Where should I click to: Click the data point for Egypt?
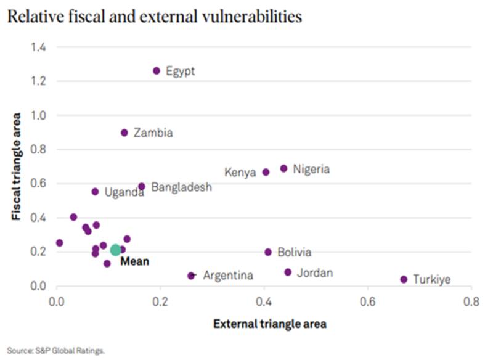coord(157,71)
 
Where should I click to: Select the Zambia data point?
coord(124,133)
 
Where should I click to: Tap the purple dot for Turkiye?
coord(404,279)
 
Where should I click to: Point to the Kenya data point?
coord(266,172)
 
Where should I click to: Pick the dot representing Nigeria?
coord(284,168)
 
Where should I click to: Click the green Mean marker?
coord(115,250)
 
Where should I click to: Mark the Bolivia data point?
coord(268,252)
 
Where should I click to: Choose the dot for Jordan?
coord(288,272)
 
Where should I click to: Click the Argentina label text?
coord(228,276)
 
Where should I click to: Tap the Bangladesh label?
coord(182,187)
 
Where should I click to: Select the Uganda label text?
coord(124,192)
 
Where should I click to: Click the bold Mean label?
coord(134,261)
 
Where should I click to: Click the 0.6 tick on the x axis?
coord(368,302)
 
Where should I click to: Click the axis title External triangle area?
coord(269,323)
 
